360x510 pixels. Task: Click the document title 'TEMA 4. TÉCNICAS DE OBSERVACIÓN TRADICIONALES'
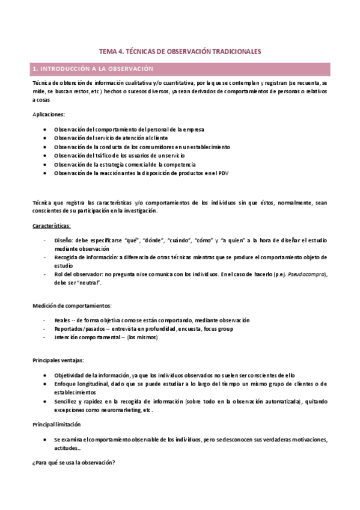pyautogui.click(x=180, y=52)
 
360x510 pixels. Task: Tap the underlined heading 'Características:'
pyautogui.click(x=52, y=226)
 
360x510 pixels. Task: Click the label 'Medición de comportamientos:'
pyautogui.click(x=72, y=306)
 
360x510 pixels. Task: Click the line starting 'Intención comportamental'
pyautogui.click(x=105, y=337)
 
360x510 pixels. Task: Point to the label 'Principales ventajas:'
pyautogui.click(x=58, y=360)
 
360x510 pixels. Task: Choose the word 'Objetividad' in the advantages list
pyautogui.click(x=70, y=375)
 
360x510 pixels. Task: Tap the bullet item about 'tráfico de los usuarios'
pyautogui.click(x=119, y=155)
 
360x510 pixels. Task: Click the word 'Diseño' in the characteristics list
pyautogui.click(x=64, y=240)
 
